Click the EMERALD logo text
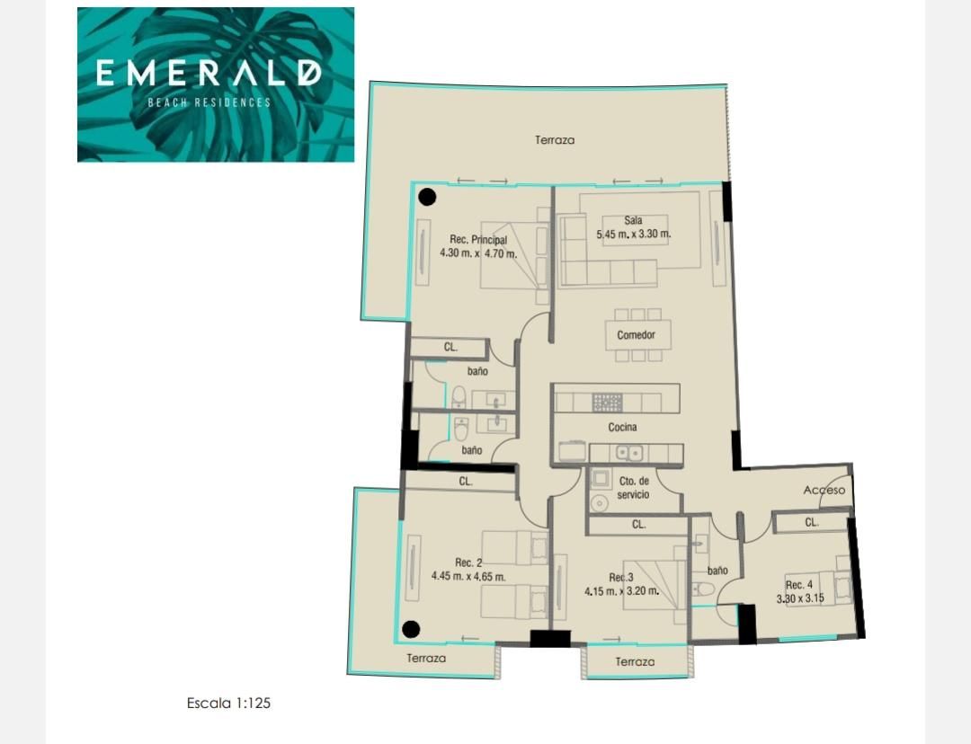209,73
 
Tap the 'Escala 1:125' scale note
228,704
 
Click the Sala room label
633,220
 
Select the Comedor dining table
636,335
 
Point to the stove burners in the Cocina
607,403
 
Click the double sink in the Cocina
628,454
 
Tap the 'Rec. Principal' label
478,240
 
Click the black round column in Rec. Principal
427,198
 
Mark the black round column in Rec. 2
411,630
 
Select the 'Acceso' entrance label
824,491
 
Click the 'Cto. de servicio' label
634,488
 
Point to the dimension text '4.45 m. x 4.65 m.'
468,577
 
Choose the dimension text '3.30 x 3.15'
800,598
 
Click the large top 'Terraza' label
554,140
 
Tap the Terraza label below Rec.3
635,661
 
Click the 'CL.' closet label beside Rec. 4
811,522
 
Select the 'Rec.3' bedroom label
621,578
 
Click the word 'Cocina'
622,427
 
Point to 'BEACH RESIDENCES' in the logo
209,102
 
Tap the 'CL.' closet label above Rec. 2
466,481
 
